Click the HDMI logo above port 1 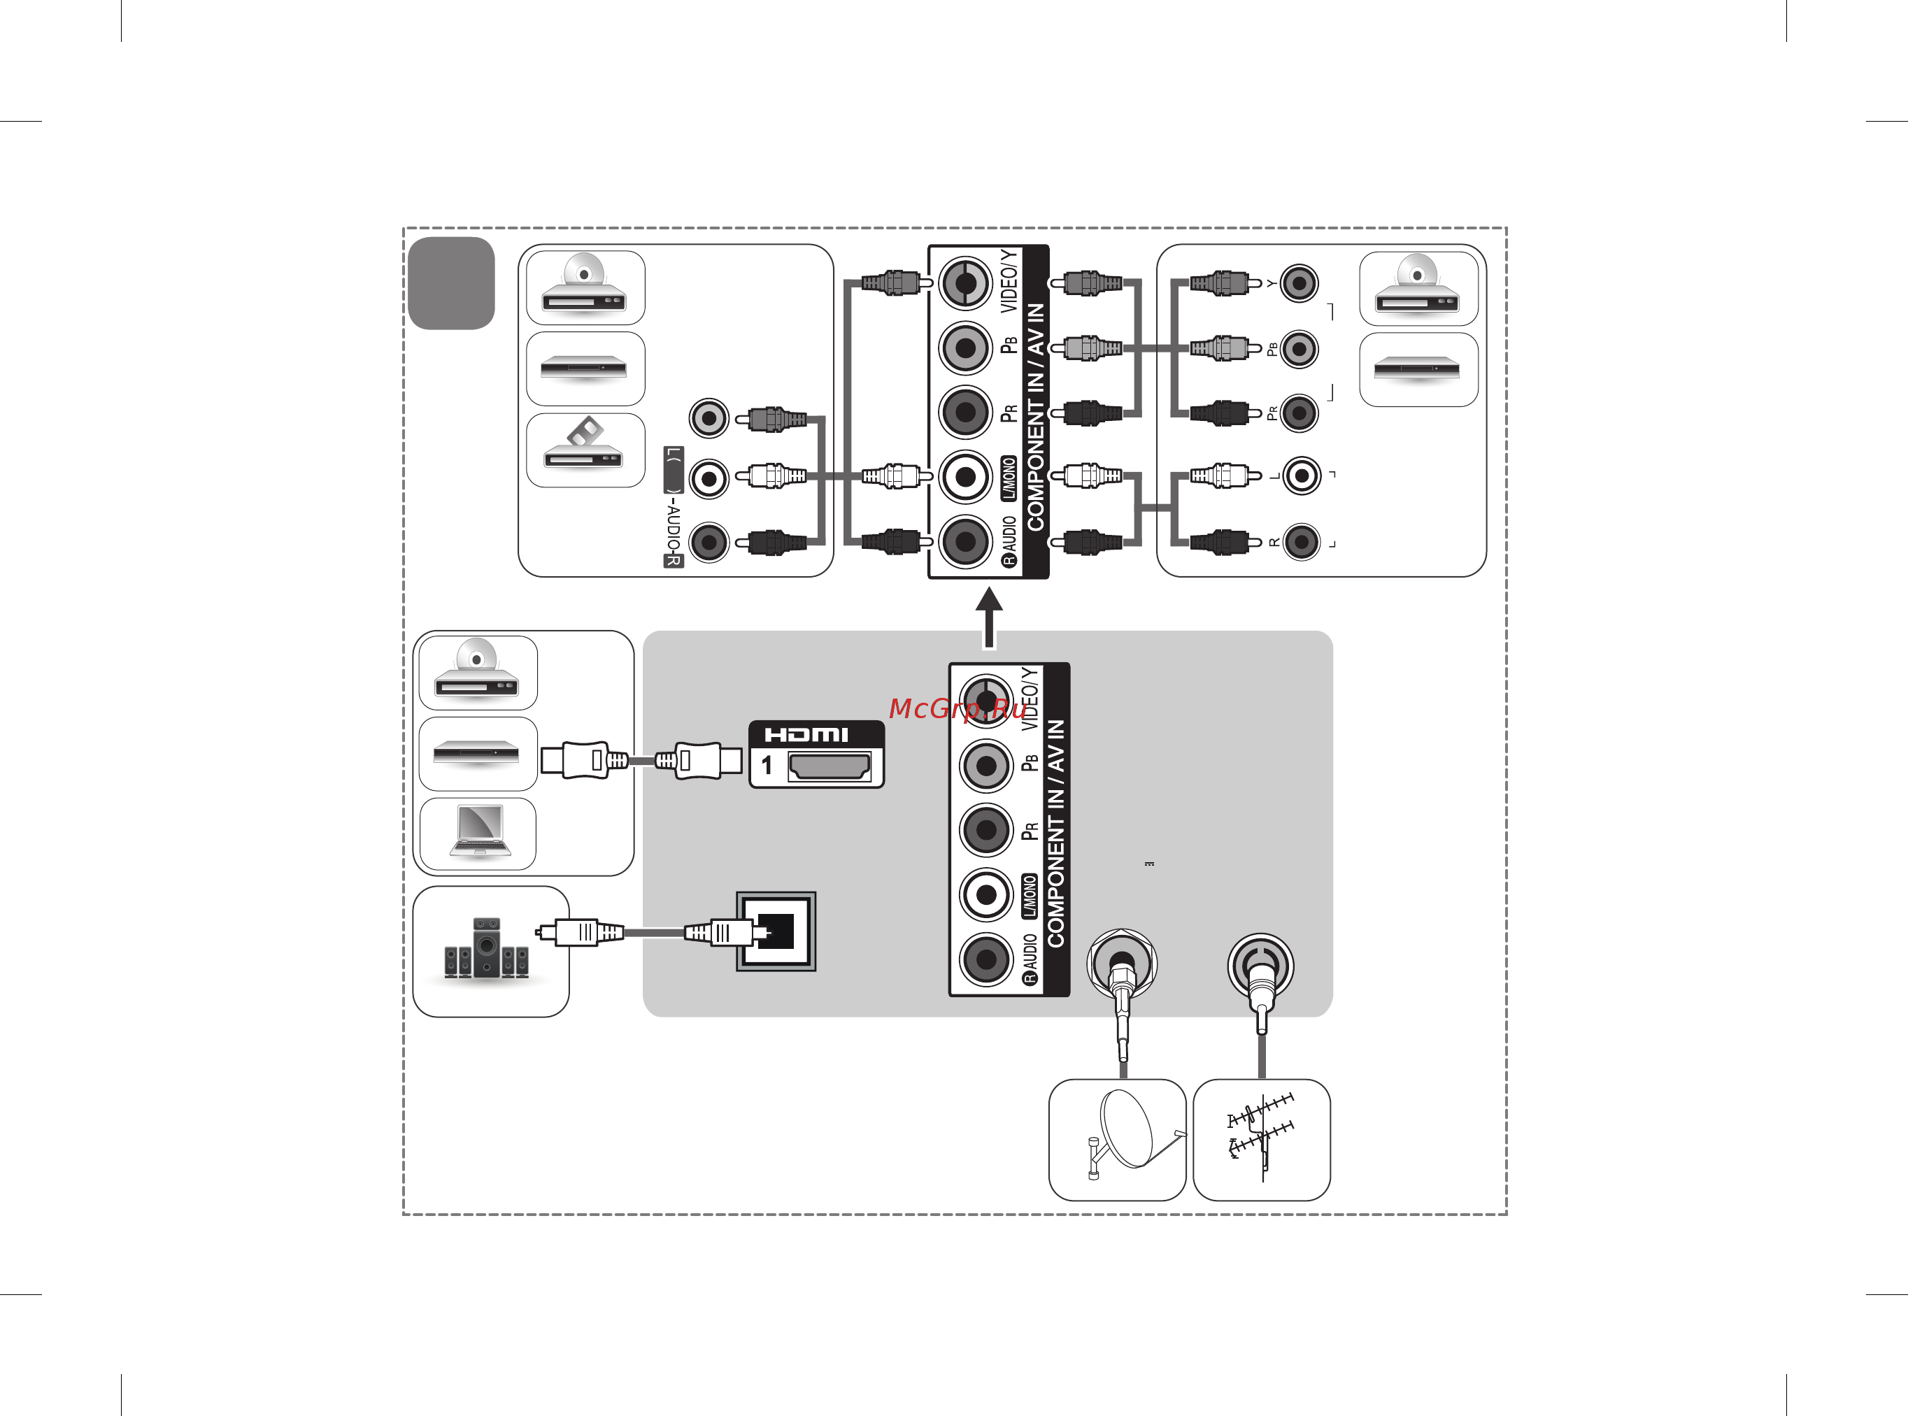click(x=806, y=734)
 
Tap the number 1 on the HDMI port click(x=767, y=766)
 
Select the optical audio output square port click(x=776, y=931)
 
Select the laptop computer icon click(x=479, y=831)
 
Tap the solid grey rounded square click(x=451, y=283)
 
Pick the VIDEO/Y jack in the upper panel click(x=965, y=283)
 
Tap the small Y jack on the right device click(x=1299, y=283)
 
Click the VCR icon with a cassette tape click(x=585, y=448)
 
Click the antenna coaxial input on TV click(x=1260, y=964)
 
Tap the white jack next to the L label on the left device click(x=709, y=478)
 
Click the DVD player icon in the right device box click(x=1418, y=289)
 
